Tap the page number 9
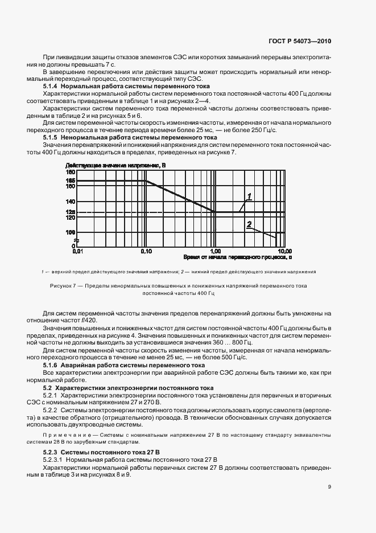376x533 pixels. [329, 486]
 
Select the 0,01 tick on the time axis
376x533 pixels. [77, 251]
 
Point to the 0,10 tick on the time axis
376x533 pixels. [146, 251]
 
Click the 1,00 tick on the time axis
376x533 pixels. [214, 251]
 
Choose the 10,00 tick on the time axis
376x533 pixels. [284, 251]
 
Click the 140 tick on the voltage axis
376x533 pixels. [71, 202]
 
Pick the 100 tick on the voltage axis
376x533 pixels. [71, 232]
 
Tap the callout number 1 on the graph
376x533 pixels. [249, 196]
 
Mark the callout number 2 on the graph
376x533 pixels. [249, 225]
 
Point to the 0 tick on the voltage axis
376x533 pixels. [73, 246]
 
